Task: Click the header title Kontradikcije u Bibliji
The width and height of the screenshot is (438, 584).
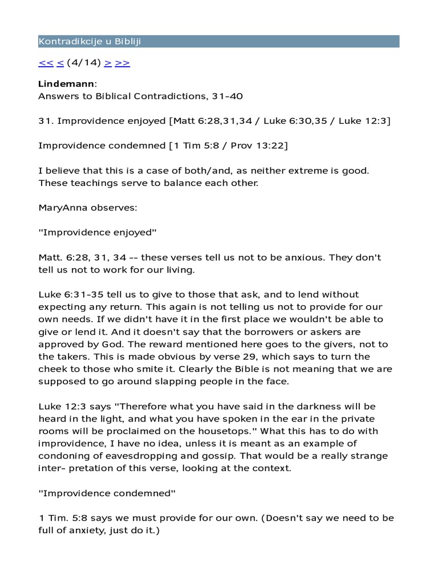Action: click(x=90, y=41)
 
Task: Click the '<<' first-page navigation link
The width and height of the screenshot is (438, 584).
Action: click(x=46, y=63)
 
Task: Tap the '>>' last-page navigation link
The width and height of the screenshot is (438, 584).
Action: click(x=123, y=63)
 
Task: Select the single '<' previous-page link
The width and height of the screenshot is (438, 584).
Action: click(x=60, y=63)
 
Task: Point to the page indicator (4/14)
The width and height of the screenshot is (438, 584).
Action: click(x=84, y=63)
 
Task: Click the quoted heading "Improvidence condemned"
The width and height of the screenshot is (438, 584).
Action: click(x=106, y=493)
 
